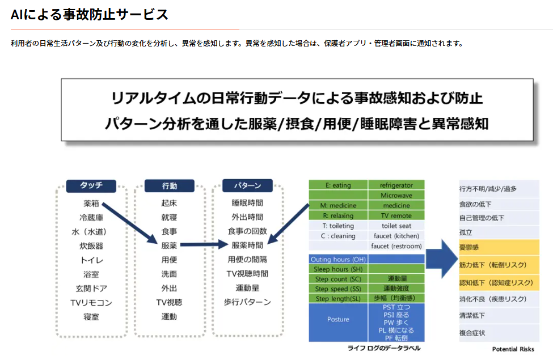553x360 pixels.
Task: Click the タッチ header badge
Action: click(x=91, y=186)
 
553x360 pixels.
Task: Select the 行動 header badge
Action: click(x=169, y=186)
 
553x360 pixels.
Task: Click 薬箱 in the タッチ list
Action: click(x=91, y=203)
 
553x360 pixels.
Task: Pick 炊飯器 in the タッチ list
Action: click(x=91, y=246)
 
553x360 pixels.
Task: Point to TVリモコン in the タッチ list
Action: click(x=91, y=303)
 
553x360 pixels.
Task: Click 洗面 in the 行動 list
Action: click(x=169, y=274)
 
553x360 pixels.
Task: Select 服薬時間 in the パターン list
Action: click(x=247, y=245)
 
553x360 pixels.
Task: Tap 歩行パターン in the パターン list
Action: click(x=247, y=302)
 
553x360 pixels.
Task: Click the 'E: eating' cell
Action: click(x=338, y=185)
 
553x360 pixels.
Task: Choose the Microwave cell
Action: click(x=396, y=196)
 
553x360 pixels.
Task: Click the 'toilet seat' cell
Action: click(x=396, y=226)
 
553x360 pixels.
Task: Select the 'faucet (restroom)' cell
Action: click(x=396, y=246)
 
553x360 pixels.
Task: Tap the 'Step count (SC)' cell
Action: click(x=338, y=279)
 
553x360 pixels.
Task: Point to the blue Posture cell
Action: click(x=338, y=320)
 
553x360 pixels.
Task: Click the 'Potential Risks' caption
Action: click(x=513, y=349)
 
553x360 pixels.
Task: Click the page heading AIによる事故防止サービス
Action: click(x=90, y=15)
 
